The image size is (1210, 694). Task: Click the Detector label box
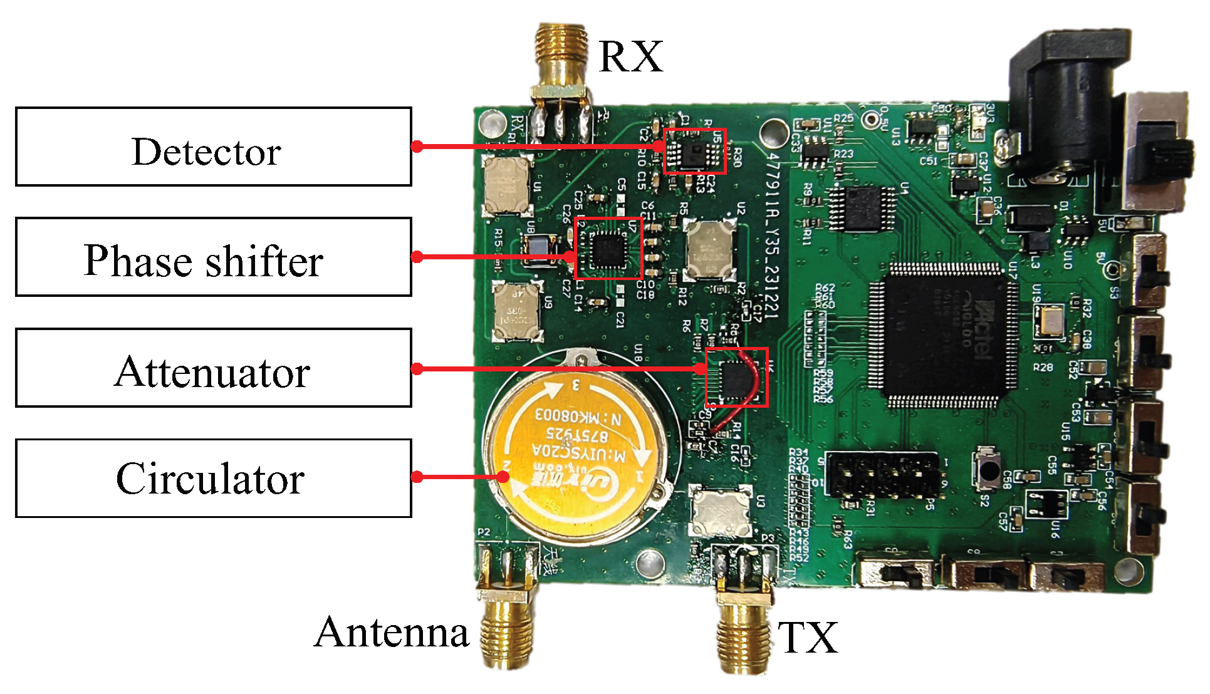point(213,147)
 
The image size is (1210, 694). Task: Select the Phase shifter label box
point(213,257)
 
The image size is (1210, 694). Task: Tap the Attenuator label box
point(213,368)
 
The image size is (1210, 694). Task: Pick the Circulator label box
point(213,479)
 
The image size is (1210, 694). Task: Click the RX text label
point(630,57)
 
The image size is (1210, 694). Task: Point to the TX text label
point(808,638)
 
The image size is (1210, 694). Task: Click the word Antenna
point(392,632)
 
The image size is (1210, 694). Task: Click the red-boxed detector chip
point(694,151)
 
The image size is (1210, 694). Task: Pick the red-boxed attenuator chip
point(737,377)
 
